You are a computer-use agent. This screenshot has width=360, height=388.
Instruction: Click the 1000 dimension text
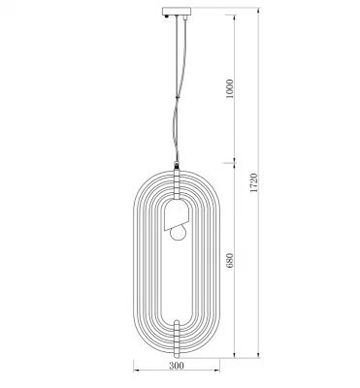tap(229, 88)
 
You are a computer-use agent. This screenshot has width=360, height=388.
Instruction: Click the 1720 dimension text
tap(254, 183)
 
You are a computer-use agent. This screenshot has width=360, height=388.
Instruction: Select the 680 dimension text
tap(229, 261)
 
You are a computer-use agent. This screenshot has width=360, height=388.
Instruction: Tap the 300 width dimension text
tap(177, 366)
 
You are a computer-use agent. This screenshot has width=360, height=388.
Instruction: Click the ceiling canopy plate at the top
tap(177, 12)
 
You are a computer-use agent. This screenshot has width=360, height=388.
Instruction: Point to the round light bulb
tap(179, 233)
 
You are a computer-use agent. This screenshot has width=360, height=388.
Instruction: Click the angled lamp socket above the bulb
tap(177, 215)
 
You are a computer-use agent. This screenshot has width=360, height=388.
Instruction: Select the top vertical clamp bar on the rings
tap(177, 185)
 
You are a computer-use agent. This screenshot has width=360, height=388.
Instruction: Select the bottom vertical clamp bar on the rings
tap(177, 337)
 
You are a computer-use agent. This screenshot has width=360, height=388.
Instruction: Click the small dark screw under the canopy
tap(166, 16)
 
